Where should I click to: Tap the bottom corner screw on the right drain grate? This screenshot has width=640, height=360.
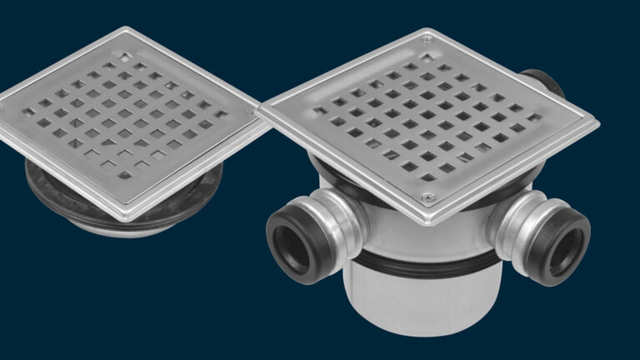(427, 197)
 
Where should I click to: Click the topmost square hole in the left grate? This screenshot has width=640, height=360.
(125, 57)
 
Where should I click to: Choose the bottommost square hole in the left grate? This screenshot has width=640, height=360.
(125, 176)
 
